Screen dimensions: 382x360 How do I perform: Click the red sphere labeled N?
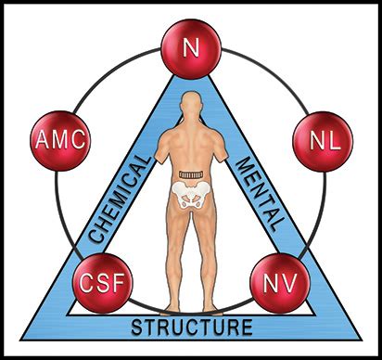(191, 49)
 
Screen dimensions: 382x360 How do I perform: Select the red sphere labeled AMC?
(60, 141)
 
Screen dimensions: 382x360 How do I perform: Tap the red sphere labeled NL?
(323, 142)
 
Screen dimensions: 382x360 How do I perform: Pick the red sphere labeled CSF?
(102, 284)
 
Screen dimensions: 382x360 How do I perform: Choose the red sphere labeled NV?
(280, 284)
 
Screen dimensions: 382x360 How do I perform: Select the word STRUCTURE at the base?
(192, 328)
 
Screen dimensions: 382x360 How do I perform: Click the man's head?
(192, 104)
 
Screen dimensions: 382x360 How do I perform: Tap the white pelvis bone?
(191, 194)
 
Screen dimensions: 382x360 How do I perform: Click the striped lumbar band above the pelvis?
(191, 175)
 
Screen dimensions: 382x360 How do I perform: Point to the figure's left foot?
(172, 308)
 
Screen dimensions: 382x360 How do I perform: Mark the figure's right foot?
(211, 308)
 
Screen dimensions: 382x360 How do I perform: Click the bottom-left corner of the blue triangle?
(20, 340)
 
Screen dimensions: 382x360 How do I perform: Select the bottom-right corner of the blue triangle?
(362, 340)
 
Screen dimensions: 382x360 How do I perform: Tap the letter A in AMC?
(42, 139)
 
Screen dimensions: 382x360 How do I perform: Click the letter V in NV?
(289, 282)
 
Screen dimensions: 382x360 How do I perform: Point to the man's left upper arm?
(161, 149)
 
